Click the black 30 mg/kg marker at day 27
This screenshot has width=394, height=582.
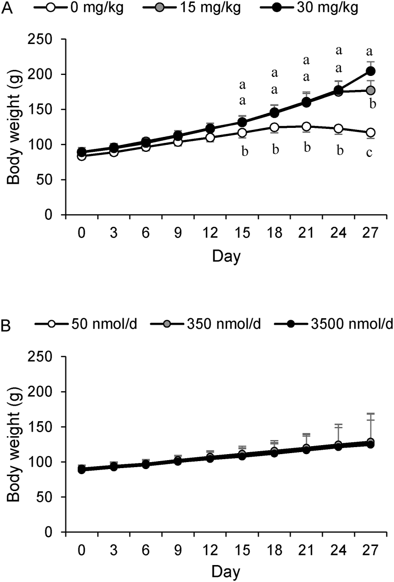(371, 71)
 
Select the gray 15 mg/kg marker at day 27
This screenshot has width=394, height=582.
(371, 90)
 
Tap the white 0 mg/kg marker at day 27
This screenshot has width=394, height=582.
(371, 132)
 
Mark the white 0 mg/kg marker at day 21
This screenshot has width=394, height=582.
(306, 126)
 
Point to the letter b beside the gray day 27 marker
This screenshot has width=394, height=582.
(372, 103)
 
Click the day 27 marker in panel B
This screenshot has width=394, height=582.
(371, 443)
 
